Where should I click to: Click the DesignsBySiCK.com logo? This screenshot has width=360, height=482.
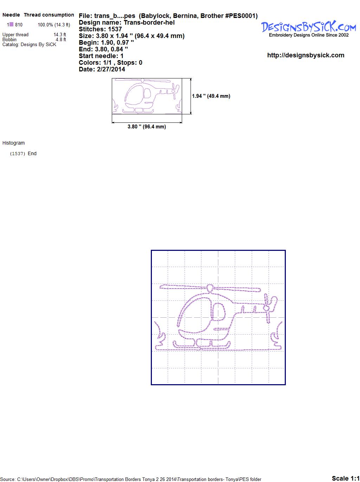click(308, 29)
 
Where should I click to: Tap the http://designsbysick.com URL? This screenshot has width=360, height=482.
click(306, 55)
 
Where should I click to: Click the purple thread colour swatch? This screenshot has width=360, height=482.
click(11, 24)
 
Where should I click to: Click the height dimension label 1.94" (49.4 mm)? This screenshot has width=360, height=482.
click(211, 96)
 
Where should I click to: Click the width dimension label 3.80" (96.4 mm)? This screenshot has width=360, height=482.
click(147, 127)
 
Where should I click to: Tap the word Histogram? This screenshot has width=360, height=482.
click(13, 143)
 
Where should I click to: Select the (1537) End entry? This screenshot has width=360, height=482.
click(23, 153)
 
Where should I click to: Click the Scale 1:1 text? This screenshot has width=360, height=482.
click(346, 478)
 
